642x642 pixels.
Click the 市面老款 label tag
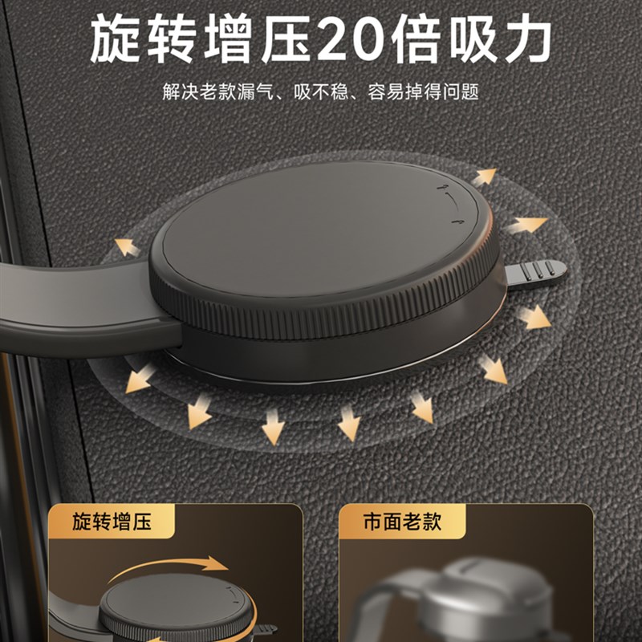pos(401,523)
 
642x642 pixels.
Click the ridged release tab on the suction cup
pos(536,273)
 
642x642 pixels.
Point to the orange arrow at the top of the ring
pos(484,175)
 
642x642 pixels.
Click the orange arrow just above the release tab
pos(526,227)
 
